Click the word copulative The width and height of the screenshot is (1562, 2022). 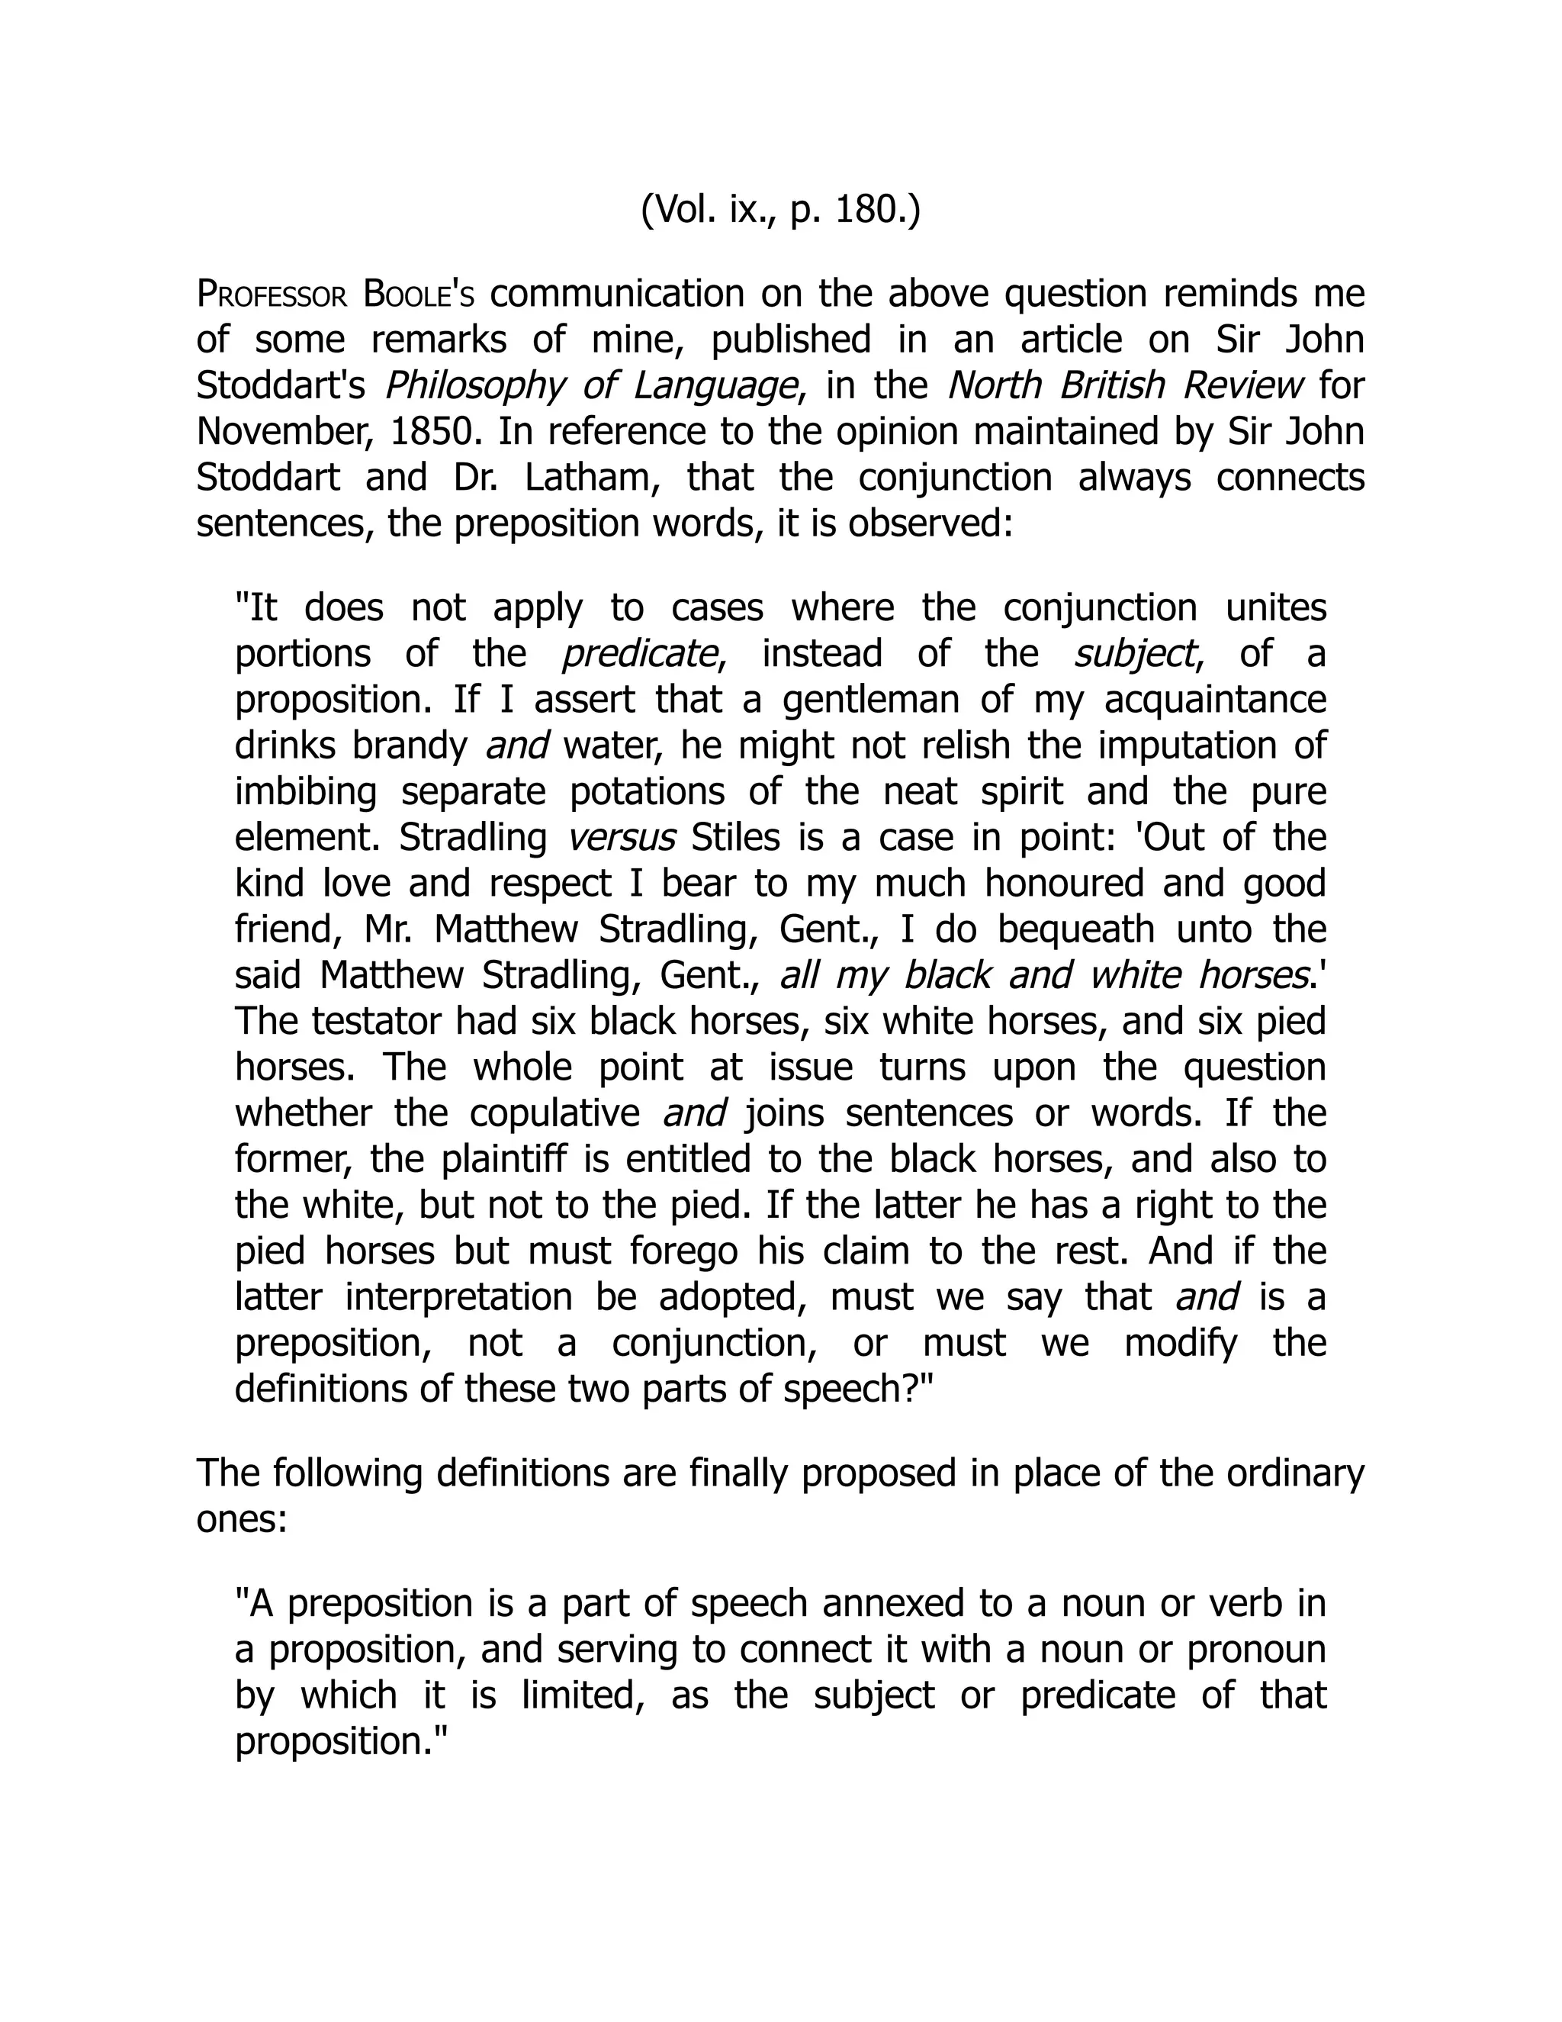550,1112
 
